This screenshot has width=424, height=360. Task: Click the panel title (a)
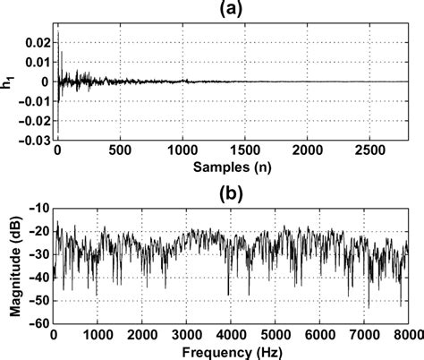tap(236, 8)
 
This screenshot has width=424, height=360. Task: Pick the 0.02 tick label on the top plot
tap(38, 42)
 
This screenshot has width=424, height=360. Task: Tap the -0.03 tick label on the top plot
tap(36, 140)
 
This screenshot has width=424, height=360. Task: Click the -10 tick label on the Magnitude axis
tap(41, 207)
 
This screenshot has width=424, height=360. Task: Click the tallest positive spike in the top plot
tap(59, 34)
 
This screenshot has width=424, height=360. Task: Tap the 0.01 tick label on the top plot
tap(38, 62)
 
